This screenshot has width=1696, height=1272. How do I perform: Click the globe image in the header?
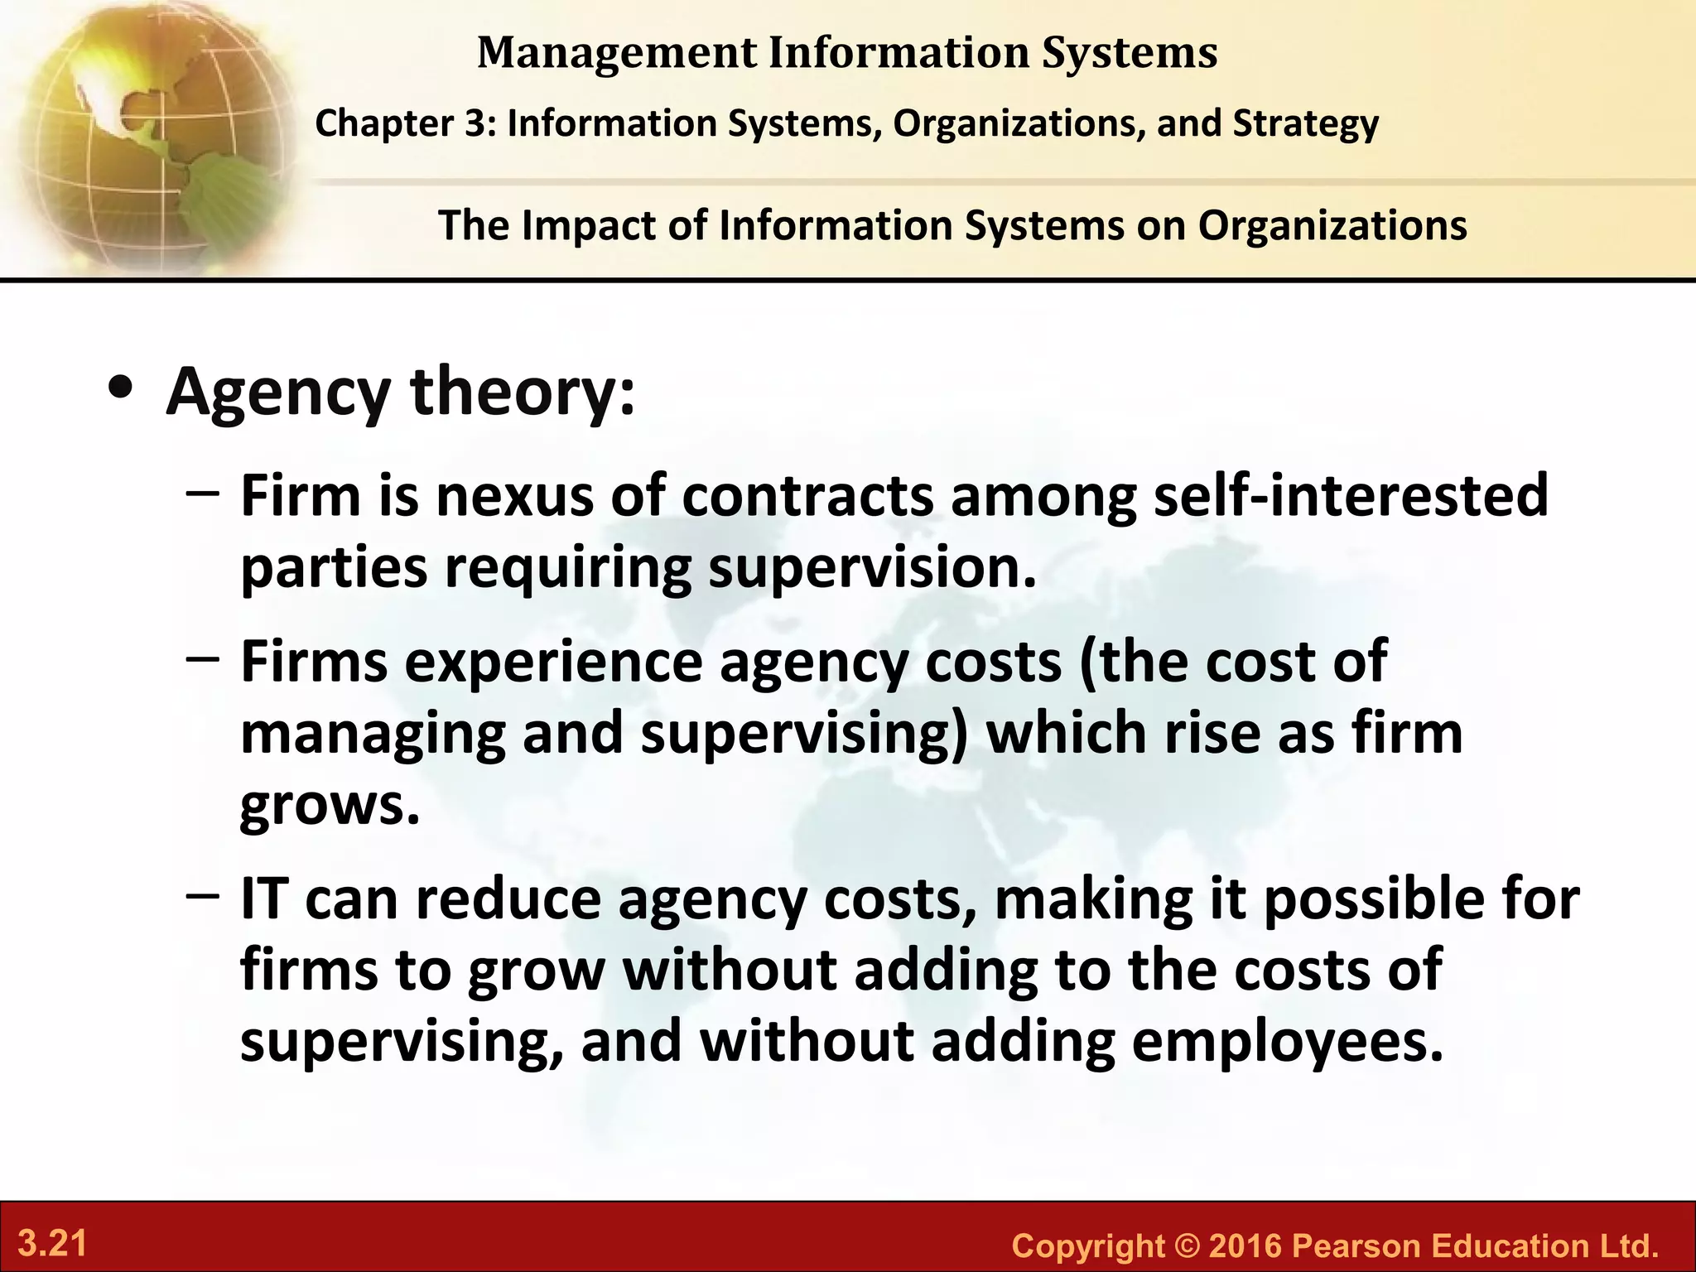149,132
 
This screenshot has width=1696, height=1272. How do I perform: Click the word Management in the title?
617,53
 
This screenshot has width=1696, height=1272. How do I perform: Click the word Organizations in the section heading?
1332,225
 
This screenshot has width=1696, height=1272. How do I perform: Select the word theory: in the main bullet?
523,391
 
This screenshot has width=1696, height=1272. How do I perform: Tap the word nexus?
513,496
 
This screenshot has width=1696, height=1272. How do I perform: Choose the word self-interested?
1350,496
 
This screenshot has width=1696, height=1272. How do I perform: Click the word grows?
330,806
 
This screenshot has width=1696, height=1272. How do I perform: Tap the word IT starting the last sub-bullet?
263,899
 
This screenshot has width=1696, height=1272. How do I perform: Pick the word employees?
1288,1042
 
